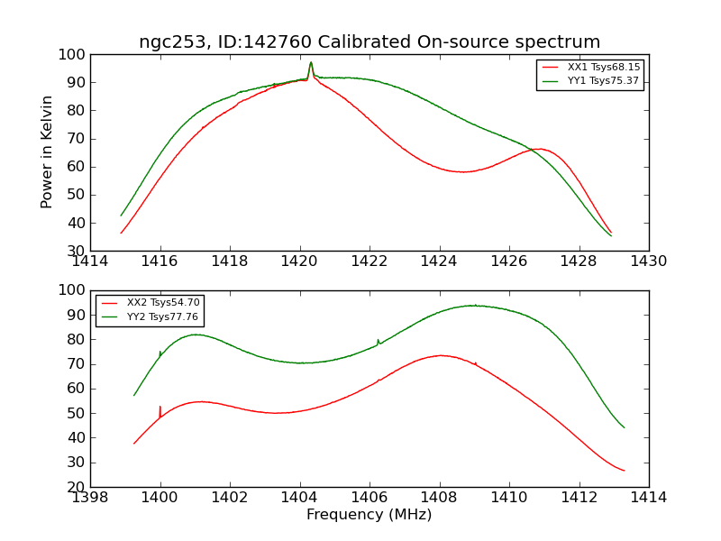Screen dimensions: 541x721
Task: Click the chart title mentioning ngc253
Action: click(370, 42)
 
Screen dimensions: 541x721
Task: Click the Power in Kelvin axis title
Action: click(48, 151)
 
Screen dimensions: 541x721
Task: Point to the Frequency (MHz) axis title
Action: click(370, 515)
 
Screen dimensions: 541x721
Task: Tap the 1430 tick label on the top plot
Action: click(648, 261)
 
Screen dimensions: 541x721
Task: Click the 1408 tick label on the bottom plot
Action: click(439, 497)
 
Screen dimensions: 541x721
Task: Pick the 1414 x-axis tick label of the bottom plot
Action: click(648, 497)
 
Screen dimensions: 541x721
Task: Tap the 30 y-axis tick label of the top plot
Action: click(75, 251)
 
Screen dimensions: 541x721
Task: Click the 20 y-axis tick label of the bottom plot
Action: click(75, 487)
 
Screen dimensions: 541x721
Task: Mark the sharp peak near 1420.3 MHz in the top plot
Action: click(311, 63)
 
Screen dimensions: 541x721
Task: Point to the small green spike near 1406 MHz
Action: click(378, 341)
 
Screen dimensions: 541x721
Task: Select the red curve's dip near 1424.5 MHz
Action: click(461, 171)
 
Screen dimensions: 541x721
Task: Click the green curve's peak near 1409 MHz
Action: click(474, 306)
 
